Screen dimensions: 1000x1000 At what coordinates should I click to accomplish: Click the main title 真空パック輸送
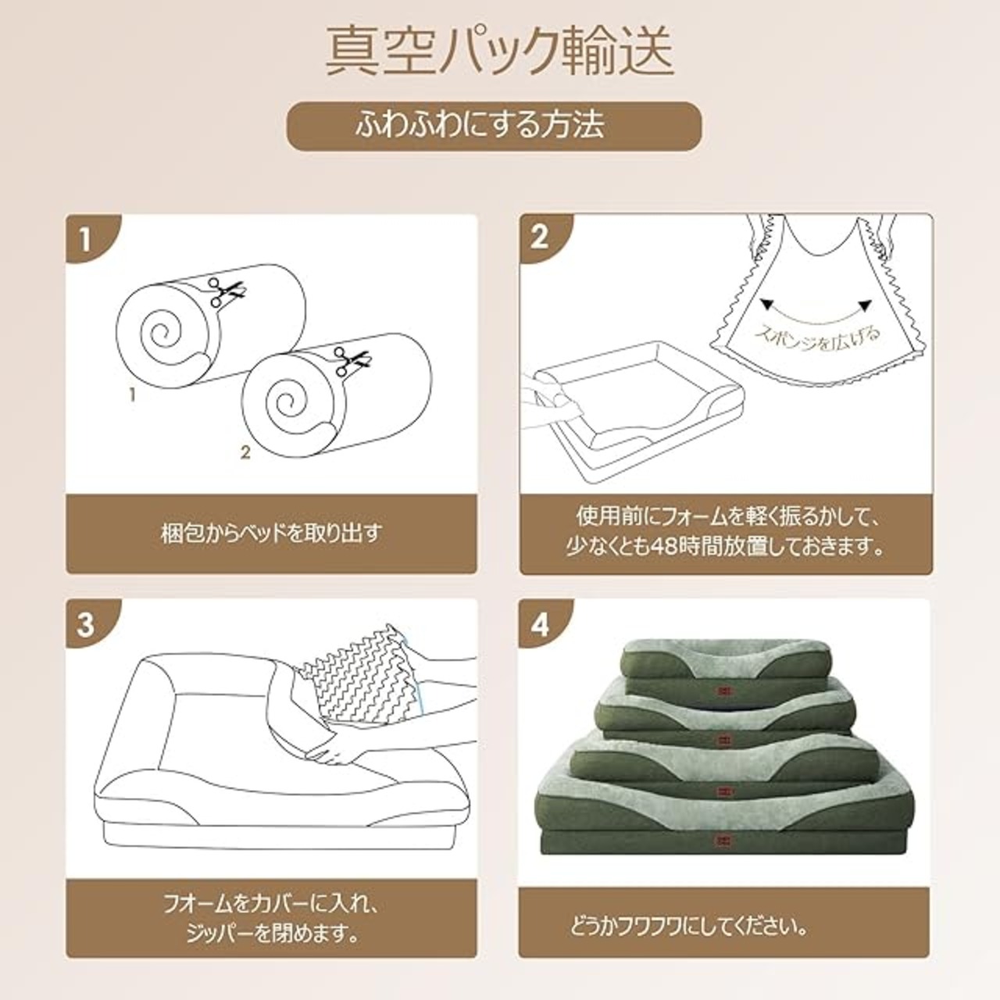(499, 52)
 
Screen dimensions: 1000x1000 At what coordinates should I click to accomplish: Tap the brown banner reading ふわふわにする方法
(494, 126)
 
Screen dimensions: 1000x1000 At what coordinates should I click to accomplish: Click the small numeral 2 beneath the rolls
(245, 452)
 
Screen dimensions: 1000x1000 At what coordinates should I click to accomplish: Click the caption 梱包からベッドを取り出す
(271, 534)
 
